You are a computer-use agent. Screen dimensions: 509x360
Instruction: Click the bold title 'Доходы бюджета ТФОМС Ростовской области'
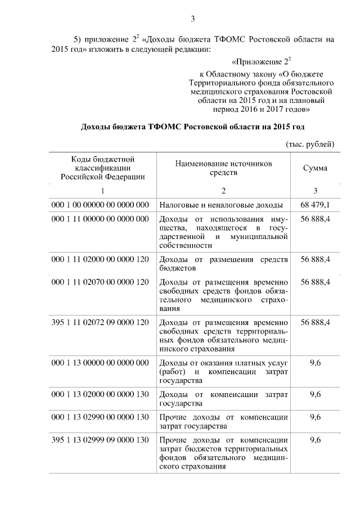coord(193,127)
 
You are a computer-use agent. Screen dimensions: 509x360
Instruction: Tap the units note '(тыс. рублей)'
coord(310,145)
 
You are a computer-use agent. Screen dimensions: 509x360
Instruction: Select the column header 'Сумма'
coord(315,168)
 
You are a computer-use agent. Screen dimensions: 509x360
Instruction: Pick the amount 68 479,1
coord(316,205)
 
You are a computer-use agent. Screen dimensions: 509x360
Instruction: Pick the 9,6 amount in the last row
coord(316,439)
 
